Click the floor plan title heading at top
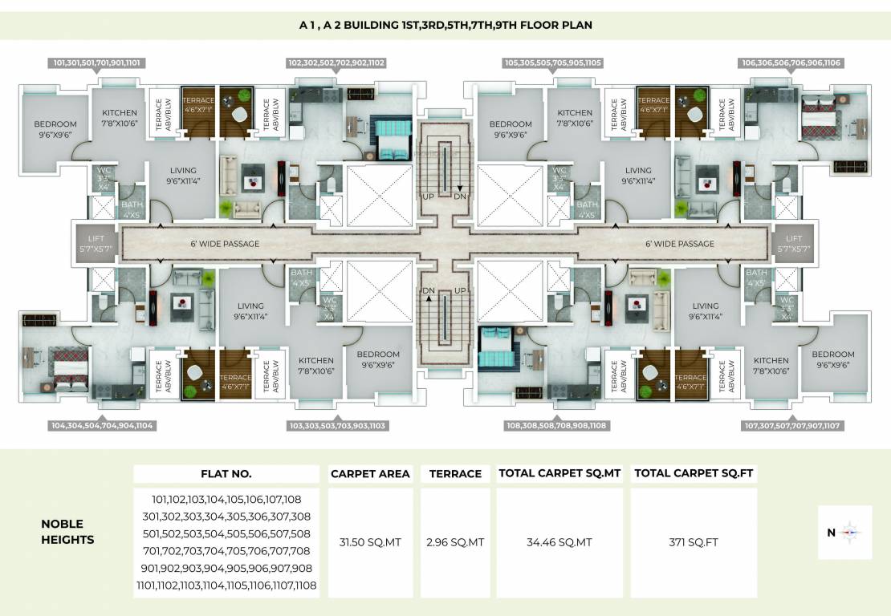coord(445,25)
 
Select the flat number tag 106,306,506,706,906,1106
coord(791,62)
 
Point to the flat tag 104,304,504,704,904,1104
coord(101,426)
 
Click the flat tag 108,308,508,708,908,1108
coord(555,426)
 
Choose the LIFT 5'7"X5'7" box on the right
coord(793,243)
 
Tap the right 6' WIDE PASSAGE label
coord(679,244)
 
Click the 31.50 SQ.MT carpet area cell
coord(370,542)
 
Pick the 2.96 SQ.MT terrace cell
coord(455,542)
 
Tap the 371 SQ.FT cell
coord(694,542)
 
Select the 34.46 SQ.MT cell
coord(559,542)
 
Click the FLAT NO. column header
coord(226,473)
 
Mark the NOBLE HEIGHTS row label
coord(67,532)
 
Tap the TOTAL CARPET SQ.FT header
coord(694,473)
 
